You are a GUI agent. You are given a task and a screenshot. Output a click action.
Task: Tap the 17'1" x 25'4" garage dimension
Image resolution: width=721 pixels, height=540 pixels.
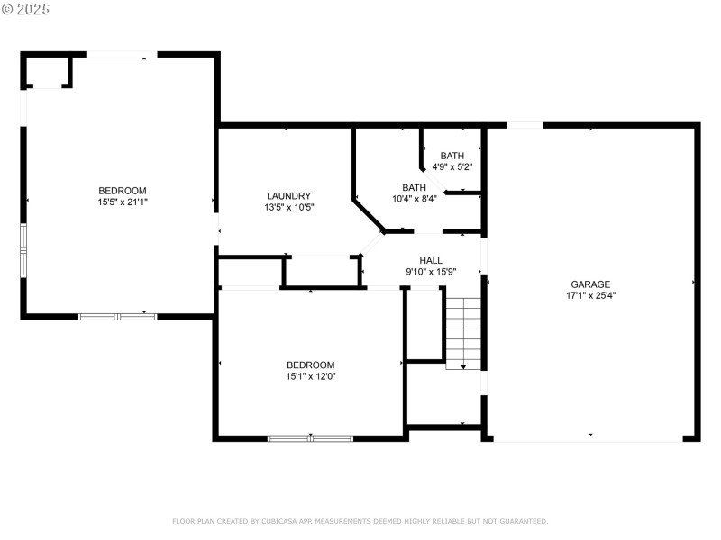click(590, 295)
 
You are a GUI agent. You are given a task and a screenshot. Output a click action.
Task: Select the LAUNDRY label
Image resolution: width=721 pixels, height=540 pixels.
click(288, 195)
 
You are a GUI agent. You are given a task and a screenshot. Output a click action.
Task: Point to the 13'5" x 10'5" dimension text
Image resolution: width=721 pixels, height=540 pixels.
click(288, 207)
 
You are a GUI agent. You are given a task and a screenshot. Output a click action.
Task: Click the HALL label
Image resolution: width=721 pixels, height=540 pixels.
click(431, 260)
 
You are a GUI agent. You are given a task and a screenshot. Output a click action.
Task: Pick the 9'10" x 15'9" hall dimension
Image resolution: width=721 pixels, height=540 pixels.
click(431, 272)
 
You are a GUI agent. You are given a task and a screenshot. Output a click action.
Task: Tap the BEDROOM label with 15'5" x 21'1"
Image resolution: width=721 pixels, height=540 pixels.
click(123, 190)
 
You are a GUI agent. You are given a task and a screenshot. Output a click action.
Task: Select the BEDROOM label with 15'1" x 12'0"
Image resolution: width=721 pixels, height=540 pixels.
click(311, 364)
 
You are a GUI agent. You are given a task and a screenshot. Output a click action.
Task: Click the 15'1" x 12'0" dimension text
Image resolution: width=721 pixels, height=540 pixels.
click(311, 376)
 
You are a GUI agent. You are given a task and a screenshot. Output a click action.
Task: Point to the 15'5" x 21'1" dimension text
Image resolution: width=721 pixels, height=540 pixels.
click(123, 202)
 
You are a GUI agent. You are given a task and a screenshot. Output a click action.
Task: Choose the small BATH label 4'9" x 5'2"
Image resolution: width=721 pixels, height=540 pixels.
click(452, 156)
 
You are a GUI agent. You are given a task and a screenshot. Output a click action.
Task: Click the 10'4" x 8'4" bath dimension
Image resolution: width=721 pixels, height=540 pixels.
click(415, 199)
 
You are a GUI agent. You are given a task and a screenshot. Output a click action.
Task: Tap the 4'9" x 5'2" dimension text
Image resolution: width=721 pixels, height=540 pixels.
click(452, 166)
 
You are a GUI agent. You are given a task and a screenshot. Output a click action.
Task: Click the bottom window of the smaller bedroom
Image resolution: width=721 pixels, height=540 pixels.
click(310, 438)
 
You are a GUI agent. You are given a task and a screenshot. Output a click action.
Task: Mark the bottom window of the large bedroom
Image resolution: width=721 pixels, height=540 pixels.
click(117, 316)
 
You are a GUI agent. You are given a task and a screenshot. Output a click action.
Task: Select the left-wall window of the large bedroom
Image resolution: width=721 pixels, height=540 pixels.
click(25, 250)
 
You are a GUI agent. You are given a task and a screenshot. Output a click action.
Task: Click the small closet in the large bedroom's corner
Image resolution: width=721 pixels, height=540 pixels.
click(47, 71)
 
